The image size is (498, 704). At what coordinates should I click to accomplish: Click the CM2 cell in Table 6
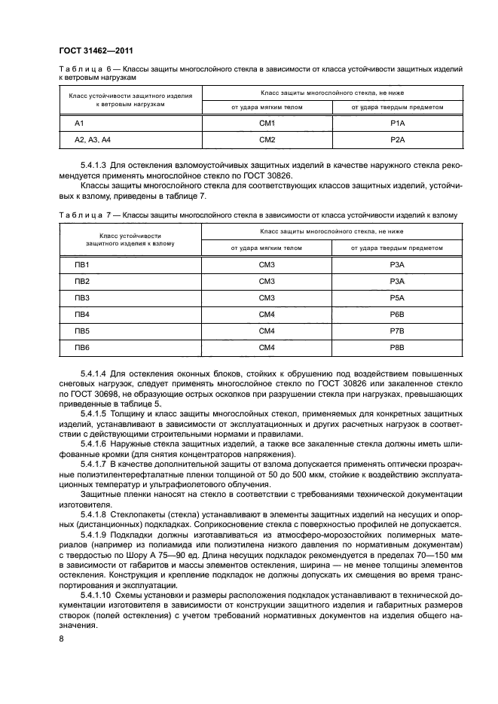(x=267, y=140)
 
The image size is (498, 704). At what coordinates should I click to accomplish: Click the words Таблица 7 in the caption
(x=79, y=215)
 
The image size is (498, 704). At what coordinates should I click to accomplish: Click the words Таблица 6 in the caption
(x=79, y=69)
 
